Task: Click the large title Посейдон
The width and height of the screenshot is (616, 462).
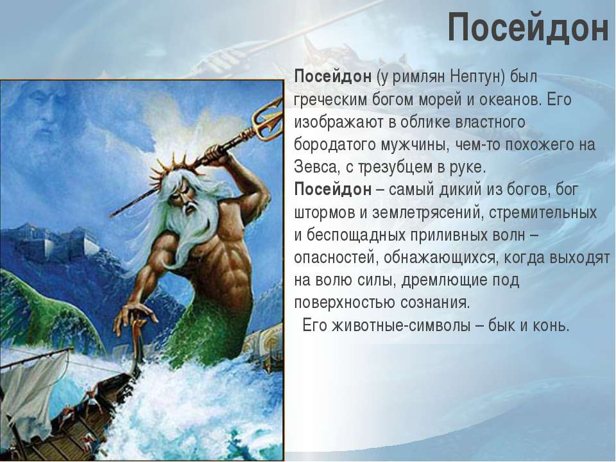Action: tap(528, 27)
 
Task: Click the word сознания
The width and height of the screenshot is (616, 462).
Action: tap(435, 303)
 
